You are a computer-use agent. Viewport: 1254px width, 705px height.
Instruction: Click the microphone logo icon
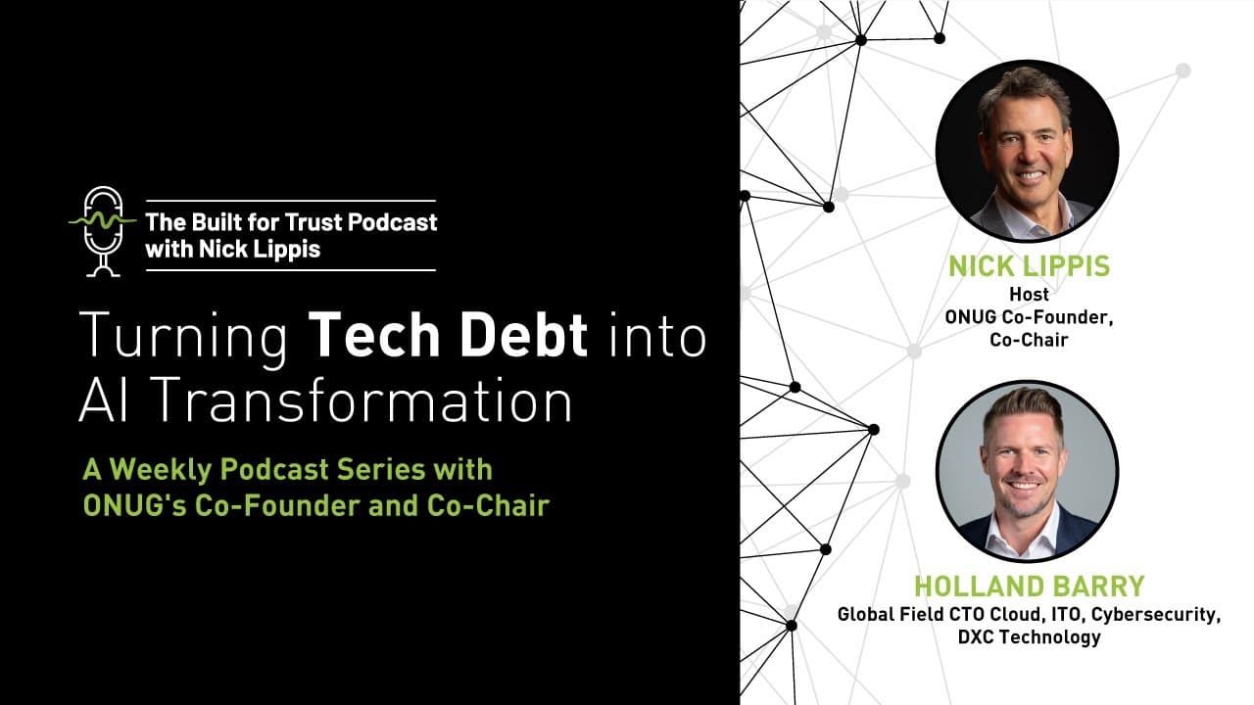103,231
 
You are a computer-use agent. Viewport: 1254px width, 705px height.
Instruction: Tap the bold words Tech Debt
449,337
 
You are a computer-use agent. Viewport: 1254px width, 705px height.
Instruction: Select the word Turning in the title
183,337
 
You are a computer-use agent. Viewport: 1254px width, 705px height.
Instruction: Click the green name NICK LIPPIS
1028,266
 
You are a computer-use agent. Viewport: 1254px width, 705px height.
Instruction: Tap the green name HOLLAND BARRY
1028,587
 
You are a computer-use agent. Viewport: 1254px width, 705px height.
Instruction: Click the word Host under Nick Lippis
1028,294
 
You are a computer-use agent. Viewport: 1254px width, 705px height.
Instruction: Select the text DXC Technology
1029,637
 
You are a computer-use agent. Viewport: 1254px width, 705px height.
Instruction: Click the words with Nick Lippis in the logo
232,249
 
